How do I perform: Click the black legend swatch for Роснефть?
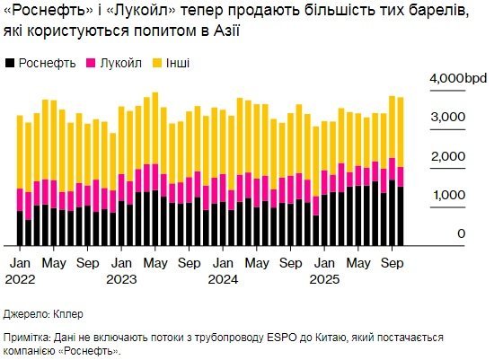click(x=11, y=64)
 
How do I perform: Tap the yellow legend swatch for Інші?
click(x=160, y=64)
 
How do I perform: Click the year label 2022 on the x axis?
click(x=22, y=278)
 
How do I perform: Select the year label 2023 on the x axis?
click(x=122, y=278)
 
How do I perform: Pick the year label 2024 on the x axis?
click(x=224, y=278)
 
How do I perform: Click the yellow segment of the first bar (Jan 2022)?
click(x=20, y=153)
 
